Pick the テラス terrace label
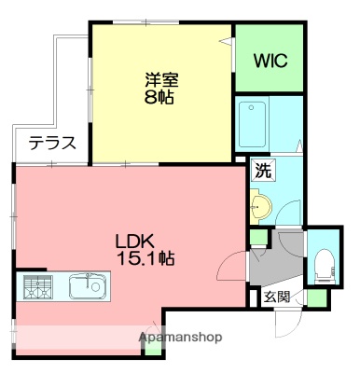point(50,144)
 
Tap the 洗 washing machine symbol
point(262,172)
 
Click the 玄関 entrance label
point(276,297)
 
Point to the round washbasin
point(261,204)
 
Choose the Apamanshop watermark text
point(179,337)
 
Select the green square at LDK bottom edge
point(153,352)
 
